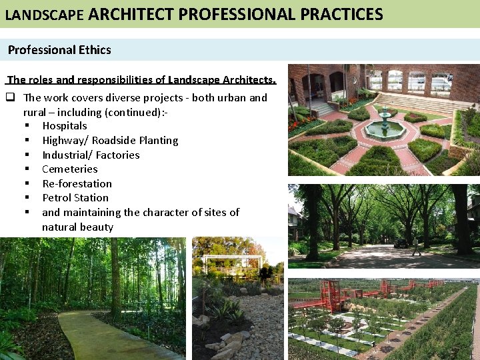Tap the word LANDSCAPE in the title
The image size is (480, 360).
(x=44, y=14)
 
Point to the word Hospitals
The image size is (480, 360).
(x=65, y=125)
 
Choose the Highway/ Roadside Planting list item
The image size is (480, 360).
(x=110, y=140)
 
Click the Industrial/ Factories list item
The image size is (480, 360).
(x=91, y=155)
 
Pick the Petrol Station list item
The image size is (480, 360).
(x=75, y=197)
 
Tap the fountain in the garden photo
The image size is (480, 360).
(x=385, y=123)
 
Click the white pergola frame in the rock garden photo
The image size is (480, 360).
(x=232, y=262)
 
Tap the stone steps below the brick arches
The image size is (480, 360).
(x=320, y=107)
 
